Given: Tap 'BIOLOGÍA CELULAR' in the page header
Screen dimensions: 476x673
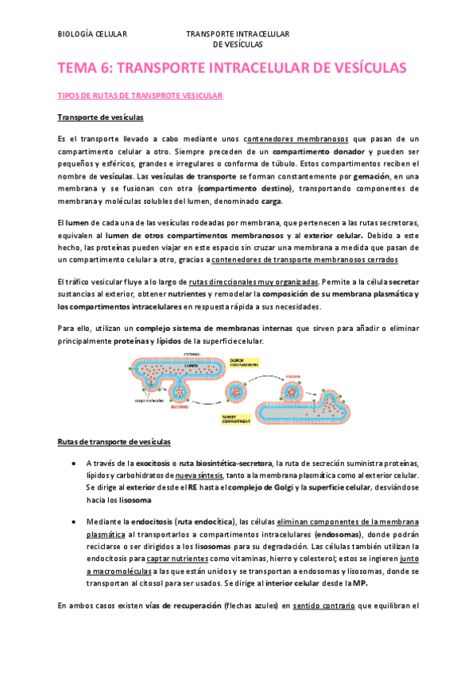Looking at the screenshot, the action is point(93,34).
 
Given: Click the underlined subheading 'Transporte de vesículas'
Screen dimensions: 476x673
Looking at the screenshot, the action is point(101,117).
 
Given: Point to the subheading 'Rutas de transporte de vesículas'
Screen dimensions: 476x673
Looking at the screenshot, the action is point(114,441).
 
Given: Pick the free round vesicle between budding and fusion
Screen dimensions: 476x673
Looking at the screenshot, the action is point(239,390).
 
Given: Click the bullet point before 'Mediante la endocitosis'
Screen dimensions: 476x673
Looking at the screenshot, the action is point(73,523).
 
